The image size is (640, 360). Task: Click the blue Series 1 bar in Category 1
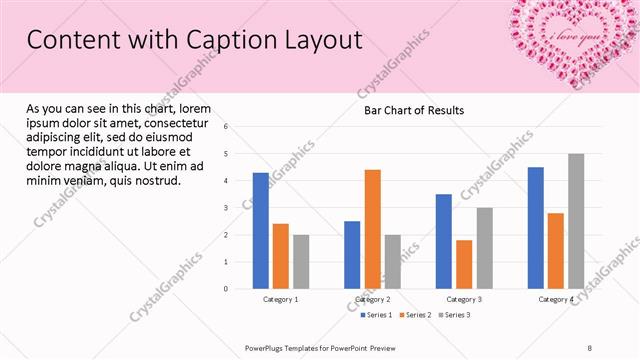[260, 231]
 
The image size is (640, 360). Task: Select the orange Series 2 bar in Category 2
[372, 229]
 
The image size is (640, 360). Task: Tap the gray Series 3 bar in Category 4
[576, 221]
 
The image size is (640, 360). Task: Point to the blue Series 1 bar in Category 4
[536, 228]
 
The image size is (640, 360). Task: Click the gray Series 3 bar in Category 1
[301, 262]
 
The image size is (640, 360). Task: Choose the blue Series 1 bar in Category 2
[352, 255]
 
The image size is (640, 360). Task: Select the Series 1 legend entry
[378, 315]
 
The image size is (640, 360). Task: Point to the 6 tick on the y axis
[226, 127]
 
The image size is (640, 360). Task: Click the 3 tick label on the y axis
[226, 208]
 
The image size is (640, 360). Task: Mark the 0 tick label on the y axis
[226, 289]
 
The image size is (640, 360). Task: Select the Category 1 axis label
[281, 299]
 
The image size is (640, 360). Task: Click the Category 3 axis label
[464, 299]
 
